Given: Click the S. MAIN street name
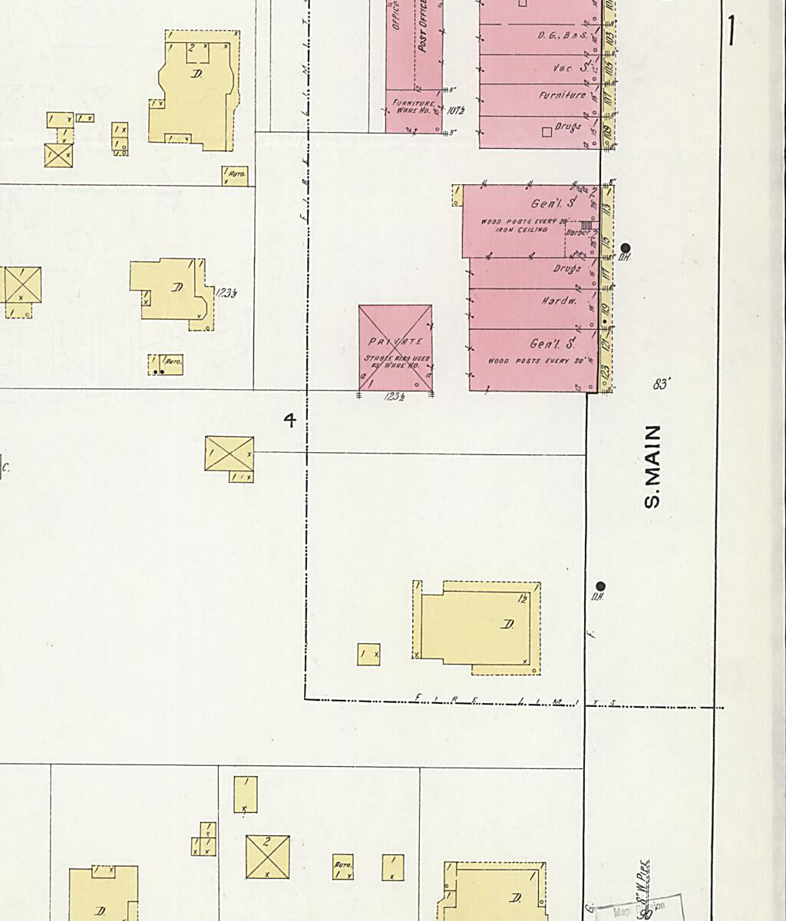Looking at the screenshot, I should (652, 467).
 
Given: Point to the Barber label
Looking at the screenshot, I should (576, 233).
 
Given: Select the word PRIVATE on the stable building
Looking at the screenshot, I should (395, 342).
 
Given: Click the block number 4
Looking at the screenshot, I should (289, 420).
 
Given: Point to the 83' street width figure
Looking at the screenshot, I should (660, 384).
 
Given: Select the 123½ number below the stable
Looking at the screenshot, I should (396, 398).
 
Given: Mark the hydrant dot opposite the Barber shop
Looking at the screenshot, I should (625, 248).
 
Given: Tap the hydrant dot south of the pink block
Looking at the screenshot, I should (600, 586).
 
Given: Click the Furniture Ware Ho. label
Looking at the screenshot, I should (414, 106).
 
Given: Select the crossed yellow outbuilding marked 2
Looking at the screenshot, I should (267, 857).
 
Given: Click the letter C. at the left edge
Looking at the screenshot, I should (5, 467).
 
